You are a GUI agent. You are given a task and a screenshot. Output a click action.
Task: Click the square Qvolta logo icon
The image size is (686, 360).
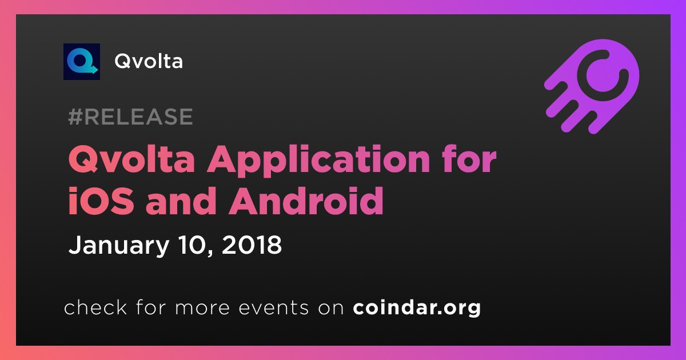click(x=81, y=62)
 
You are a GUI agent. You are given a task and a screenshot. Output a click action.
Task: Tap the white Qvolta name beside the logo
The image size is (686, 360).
click(x=149, y=61)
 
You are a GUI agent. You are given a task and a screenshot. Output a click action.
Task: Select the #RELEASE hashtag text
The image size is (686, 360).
click(x=130, y=117)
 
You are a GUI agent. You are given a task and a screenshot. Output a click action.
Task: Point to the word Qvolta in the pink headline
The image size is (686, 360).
click(x=131, y=159)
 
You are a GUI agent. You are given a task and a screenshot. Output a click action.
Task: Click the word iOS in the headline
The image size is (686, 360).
click(x=101, y=201)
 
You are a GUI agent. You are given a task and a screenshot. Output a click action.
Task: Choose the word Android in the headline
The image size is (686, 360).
click(x=306, y=201)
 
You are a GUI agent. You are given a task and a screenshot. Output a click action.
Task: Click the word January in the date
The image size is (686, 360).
click(x=119, y=246)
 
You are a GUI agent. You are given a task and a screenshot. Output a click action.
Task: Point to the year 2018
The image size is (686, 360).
click(x=252, y=245)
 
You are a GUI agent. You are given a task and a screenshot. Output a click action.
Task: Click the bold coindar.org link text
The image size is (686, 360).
click(x=417, y=308)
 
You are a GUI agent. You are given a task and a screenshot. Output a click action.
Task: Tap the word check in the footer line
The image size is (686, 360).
click(x=95, y=307)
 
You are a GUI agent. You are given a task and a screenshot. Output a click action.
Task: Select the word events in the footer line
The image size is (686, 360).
click(x=273, y=308)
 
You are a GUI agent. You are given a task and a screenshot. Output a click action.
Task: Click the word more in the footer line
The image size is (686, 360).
click(x=202, y=309)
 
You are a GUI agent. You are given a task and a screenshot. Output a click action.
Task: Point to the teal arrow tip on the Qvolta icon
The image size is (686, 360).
click(x=97, y=70)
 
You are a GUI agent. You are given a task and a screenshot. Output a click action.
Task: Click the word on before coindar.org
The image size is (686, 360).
click(x=331, y=309)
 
